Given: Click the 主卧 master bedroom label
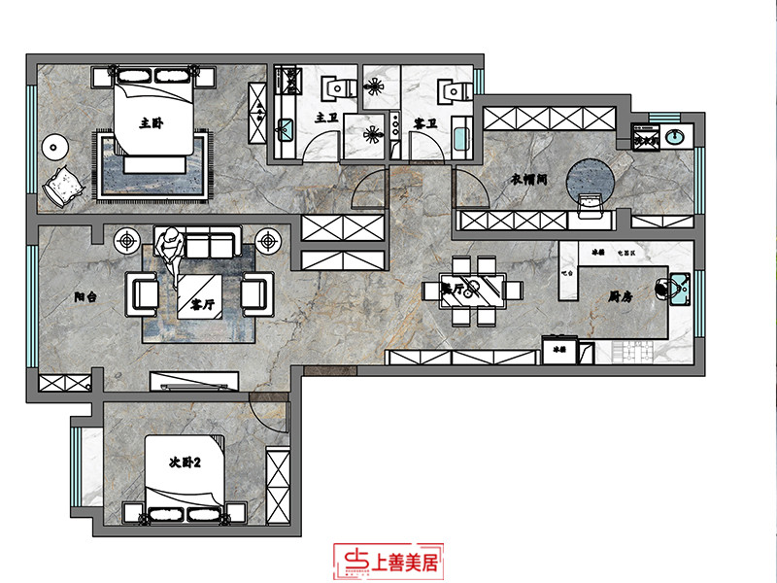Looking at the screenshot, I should pyautogui.click(x=150, y=123).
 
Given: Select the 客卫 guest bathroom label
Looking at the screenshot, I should pyautogui.click(x=424, y=123).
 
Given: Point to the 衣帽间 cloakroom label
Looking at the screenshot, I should pyautogui.click(x=531, y=180).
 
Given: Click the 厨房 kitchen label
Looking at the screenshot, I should pyautogui.click(x=623, y=297).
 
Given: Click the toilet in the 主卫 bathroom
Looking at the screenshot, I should pyautogui.click(x=335, y=88).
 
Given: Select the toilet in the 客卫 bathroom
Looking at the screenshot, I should pyautogui.click(x=449, y=90).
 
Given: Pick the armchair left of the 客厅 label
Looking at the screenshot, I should pyautogui.click(x=143, y=291).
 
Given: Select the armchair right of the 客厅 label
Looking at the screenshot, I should pyautogui.click(x=255, y=291).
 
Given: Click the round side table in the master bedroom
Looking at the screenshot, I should pyautogui.click(x=55, y=148).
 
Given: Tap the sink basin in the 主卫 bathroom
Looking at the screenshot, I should pyautogui.click(x=286, y=127).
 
